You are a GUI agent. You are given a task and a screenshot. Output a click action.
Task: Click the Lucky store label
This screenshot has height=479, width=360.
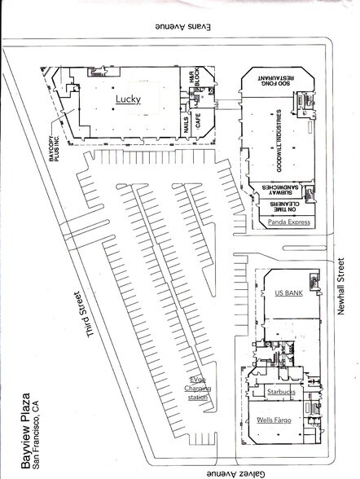(128, 99)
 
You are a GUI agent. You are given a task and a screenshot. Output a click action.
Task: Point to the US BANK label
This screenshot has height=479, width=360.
(289, 292)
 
